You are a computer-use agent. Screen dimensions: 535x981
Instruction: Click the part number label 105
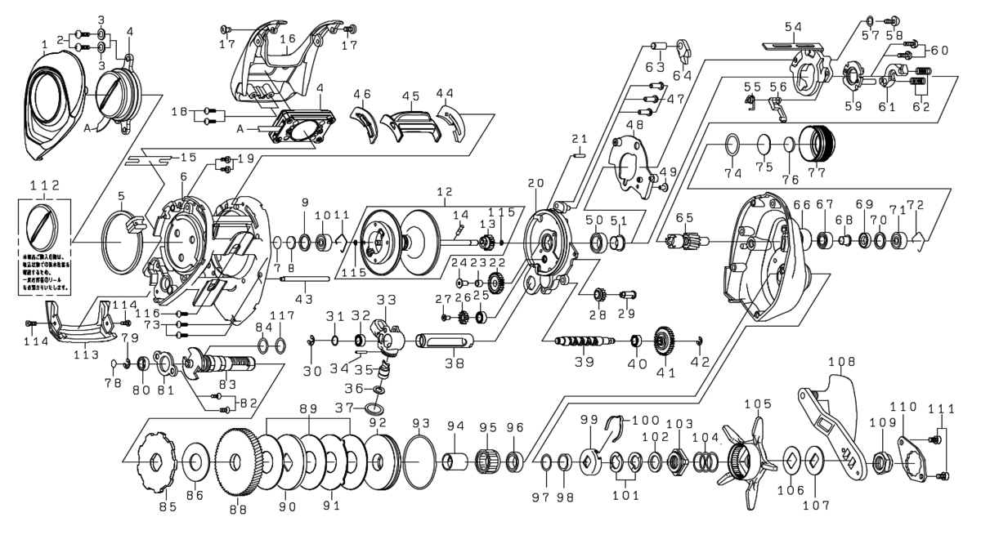click(757, 404)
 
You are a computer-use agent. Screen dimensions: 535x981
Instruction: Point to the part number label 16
click(287, 38)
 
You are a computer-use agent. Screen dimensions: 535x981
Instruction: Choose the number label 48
click(634, 124)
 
